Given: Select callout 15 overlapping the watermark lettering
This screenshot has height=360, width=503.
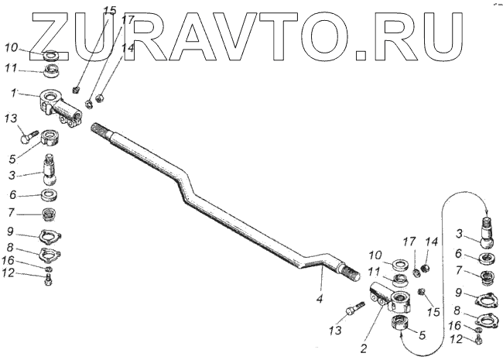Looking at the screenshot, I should [110, 11].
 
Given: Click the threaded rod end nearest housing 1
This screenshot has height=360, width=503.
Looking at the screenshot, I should [101, 132].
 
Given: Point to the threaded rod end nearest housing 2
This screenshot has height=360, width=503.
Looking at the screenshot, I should [354, 271].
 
